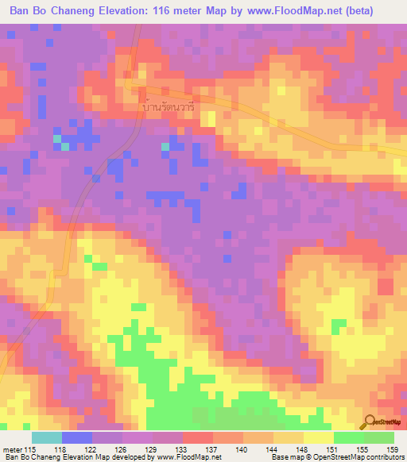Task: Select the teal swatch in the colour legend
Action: (x=47, y=437)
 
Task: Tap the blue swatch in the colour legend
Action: (x=77, y=437)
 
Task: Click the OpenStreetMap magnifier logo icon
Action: (x=371, y=422)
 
